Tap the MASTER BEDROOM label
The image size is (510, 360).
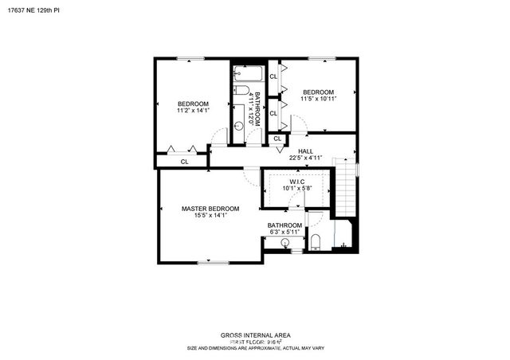(x=210, y=209)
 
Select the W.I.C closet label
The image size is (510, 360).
(x=297, y=182)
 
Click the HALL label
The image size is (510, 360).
(x=305, y=151)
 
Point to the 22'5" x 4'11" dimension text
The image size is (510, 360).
(x=305, y=158)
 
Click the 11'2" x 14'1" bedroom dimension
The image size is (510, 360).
(x=193, y=112)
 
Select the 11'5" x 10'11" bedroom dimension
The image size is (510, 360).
(x=319, y=98)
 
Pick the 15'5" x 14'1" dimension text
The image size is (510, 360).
(x=210, y=216)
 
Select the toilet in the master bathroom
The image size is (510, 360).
(x=315, y=242)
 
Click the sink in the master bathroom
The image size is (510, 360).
(x=285, y=242)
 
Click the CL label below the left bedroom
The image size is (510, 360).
(x=184, y=162)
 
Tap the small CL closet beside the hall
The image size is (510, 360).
(x=277, y=139)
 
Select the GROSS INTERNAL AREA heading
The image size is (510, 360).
(x=255, y=335)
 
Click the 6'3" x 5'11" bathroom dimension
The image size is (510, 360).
(x=284, y=233)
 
